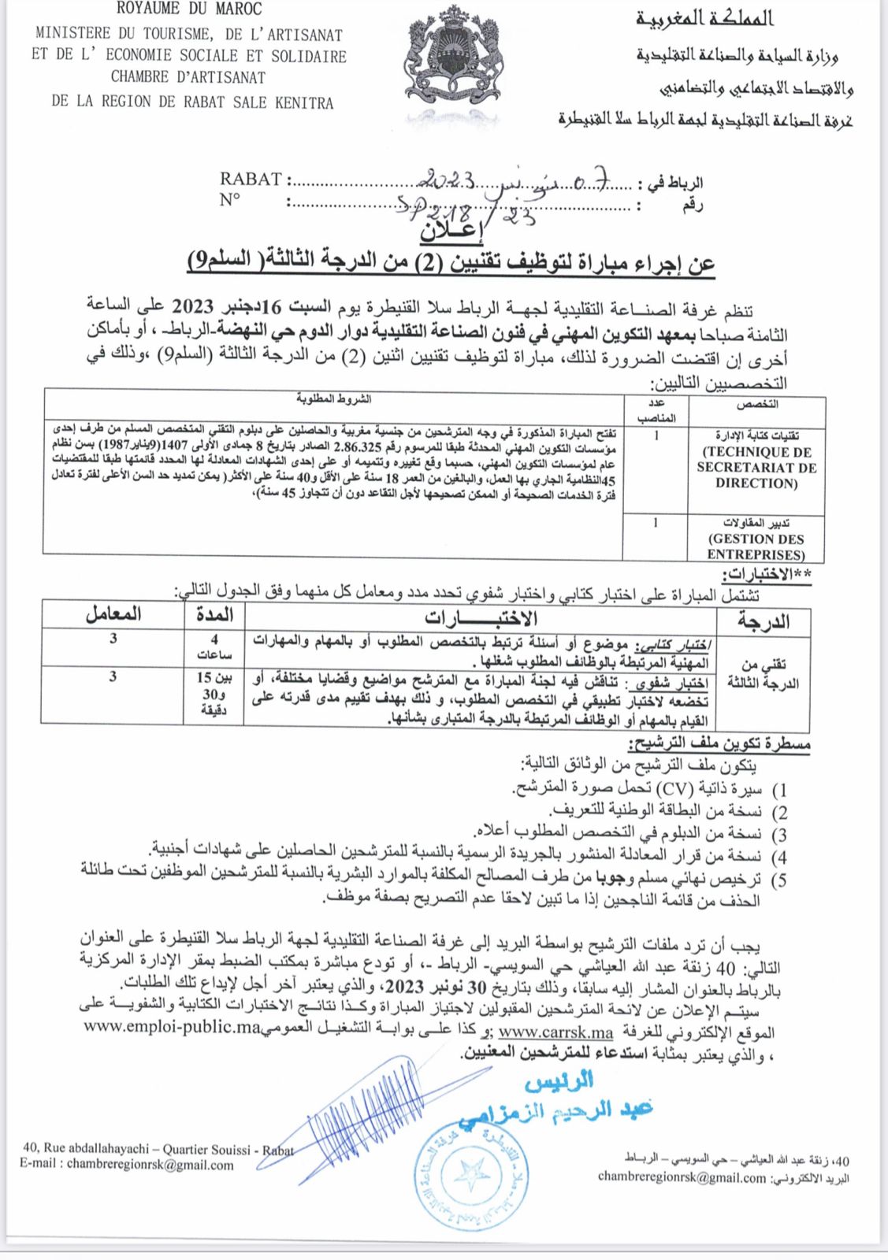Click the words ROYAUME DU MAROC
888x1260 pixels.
point(189,9)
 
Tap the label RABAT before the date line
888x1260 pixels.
point(251,180)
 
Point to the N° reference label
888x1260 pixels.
point(230,200)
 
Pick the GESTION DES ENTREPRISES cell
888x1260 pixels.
point(756,547)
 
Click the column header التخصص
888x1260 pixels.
point(757,404)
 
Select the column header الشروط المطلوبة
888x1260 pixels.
point(334,398)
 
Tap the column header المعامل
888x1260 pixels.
point(113,613)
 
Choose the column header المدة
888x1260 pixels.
point(214,613)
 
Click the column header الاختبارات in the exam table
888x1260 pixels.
point(481,617)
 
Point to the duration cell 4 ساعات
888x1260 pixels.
point(214,647)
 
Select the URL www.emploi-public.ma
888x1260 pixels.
point(172,1027)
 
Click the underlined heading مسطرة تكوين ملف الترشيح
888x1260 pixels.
point(719,743)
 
